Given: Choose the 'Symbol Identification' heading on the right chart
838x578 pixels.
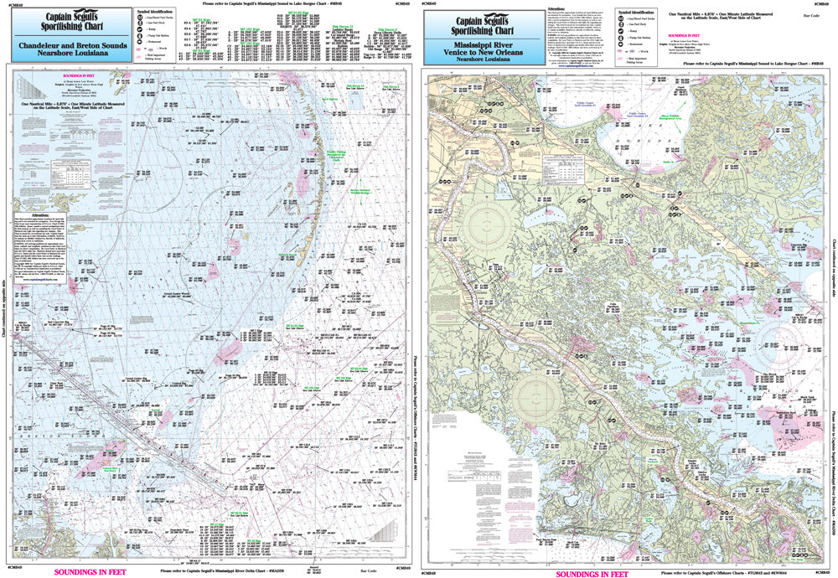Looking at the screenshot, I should [x=637, y=13].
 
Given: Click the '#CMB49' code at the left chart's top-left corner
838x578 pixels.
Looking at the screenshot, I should [x=15, y=4].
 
